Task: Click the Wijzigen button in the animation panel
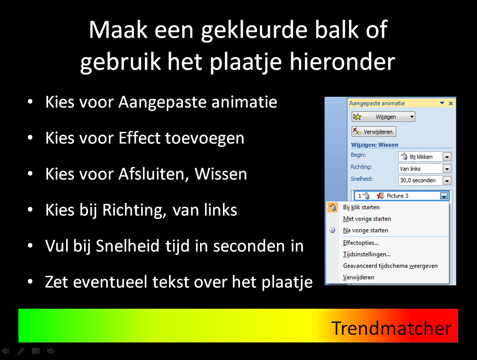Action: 383,117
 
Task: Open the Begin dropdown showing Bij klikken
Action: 425,157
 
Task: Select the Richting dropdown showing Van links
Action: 425,169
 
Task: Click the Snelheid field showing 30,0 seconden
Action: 425,180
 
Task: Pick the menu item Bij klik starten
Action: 361,207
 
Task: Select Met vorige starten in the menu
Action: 367,219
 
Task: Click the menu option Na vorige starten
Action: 366,230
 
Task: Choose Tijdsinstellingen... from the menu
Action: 367,254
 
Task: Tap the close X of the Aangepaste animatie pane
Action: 451,103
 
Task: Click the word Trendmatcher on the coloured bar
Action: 391,328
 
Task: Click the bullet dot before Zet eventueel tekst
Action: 30,282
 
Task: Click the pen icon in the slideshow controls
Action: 21,351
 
